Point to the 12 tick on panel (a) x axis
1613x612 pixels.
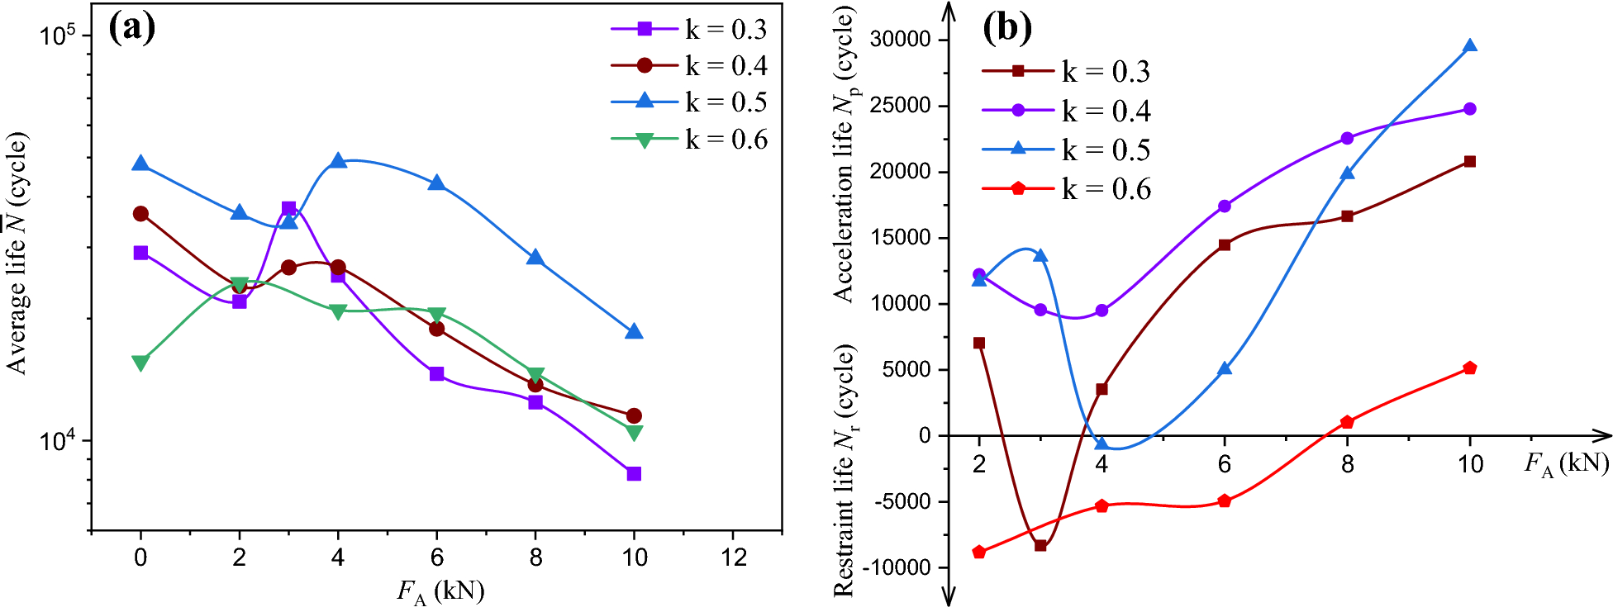coord(733,557)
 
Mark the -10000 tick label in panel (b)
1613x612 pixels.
coord(896,567)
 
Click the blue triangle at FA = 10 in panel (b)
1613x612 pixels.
coord(1469,46)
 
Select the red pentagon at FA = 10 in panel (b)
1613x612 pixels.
coord(1469,368)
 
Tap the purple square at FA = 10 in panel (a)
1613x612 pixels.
coord(634,473)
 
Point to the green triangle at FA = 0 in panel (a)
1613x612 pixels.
coord(140,363)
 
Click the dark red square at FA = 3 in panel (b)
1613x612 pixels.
coord(1040,545)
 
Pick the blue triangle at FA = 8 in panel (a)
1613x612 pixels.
coord(535,258)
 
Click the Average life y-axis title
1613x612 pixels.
coord(17,253)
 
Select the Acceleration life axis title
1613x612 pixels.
coord(844,155)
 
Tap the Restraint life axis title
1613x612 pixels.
coord(844,469)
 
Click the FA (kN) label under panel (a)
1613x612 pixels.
coord(440,591)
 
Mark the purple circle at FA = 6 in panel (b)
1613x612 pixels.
coord(1224,206)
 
